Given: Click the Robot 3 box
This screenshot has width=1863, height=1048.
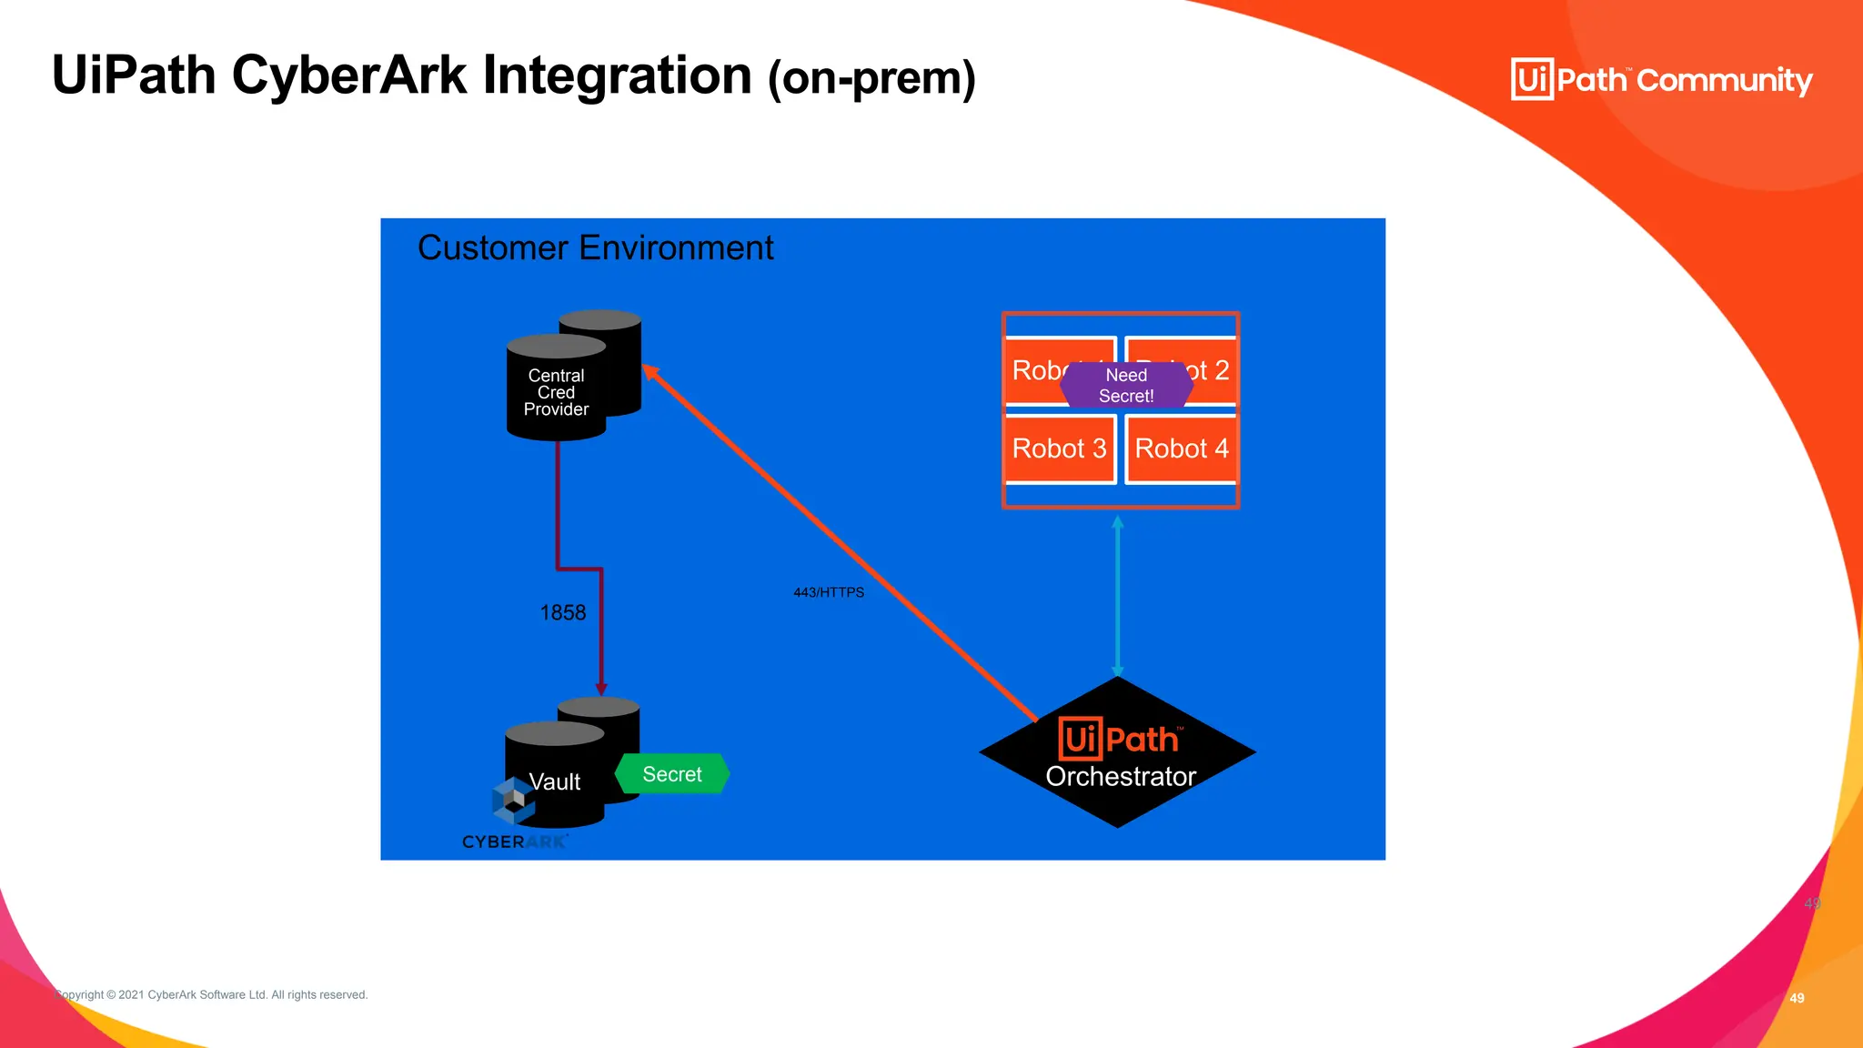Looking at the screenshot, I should (x=1059, y=448).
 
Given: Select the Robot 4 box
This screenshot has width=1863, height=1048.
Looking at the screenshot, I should (x=1182, y=448).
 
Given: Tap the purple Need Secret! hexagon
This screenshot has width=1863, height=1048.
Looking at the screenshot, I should (x=1126, y=385).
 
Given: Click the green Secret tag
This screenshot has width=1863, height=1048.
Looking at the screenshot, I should (x=672, y=774).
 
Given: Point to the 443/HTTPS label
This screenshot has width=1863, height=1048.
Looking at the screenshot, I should (x=829, y=592).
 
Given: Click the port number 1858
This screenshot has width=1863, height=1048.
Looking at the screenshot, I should (x=563, y=613).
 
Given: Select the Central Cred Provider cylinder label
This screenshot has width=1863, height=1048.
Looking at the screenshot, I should (x=556, y=392).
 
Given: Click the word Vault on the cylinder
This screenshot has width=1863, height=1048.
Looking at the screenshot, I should (x=554, y=781).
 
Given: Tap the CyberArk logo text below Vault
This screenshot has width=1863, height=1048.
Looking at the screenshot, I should (x=515, y=841).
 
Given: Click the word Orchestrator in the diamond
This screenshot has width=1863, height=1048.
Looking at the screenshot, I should (x=1121, y=776).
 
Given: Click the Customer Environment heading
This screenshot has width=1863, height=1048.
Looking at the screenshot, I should (x=595, y=247).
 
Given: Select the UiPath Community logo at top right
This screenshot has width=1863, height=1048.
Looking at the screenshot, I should (x=1661, y=80).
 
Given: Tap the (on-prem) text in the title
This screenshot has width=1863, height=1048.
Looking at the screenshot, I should (x=871, y=78).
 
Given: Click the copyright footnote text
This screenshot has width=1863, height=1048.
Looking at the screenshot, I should (x=211, y=994).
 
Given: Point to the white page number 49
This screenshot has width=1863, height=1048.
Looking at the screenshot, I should (x=1797, y=998).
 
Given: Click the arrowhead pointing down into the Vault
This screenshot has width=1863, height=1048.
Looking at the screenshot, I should (x=601, y=689).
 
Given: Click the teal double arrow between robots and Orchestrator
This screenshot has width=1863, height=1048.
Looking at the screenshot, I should (x=1118, y=596).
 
